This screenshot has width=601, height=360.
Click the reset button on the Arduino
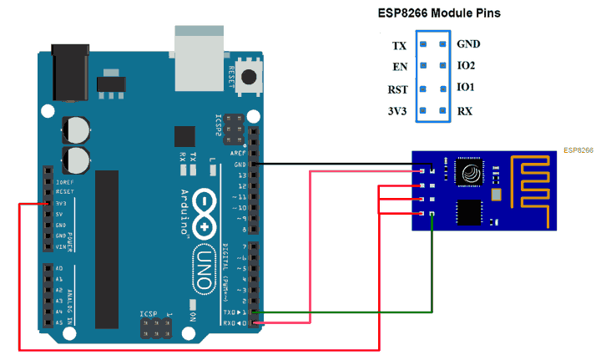click(x=248, y=78)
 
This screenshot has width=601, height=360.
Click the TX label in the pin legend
click(x=399, y=45)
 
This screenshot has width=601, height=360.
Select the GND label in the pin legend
click(x=468, y=43)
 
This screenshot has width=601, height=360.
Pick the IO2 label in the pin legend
click(x=466, y=64)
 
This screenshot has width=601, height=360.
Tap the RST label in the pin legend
click(x=396, y=89)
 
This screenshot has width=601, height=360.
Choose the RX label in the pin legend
click(x=464, y=110)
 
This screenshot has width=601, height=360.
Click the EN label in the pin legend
click(x=399, y=67)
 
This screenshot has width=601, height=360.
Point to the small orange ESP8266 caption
click(x=578, y=150)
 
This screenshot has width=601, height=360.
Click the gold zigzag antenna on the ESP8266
click(x=530, y=191)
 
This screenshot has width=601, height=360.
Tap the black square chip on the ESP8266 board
click(x=469, y=212)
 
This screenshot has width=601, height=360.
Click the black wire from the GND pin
click(x=334, y=164)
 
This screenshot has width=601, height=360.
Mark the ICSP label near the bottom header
click(x=152, y=314)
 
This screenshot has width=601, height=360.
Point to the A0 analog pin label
click(x=58, y=268)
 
